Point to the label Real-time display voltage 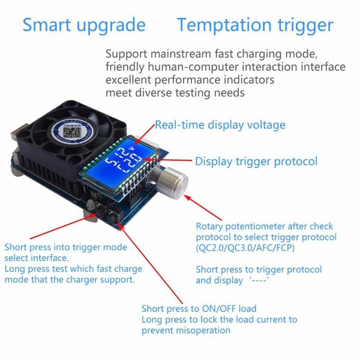pos(220,125)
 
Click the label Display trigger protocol pos(256,161)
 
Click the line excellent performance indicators pos(190,80)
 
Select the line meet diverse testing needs pos(175,92)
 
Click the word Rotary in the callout pos(210,226)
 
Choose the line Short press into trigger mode pos(66,247)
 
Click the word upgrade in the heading pos(115,26)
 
